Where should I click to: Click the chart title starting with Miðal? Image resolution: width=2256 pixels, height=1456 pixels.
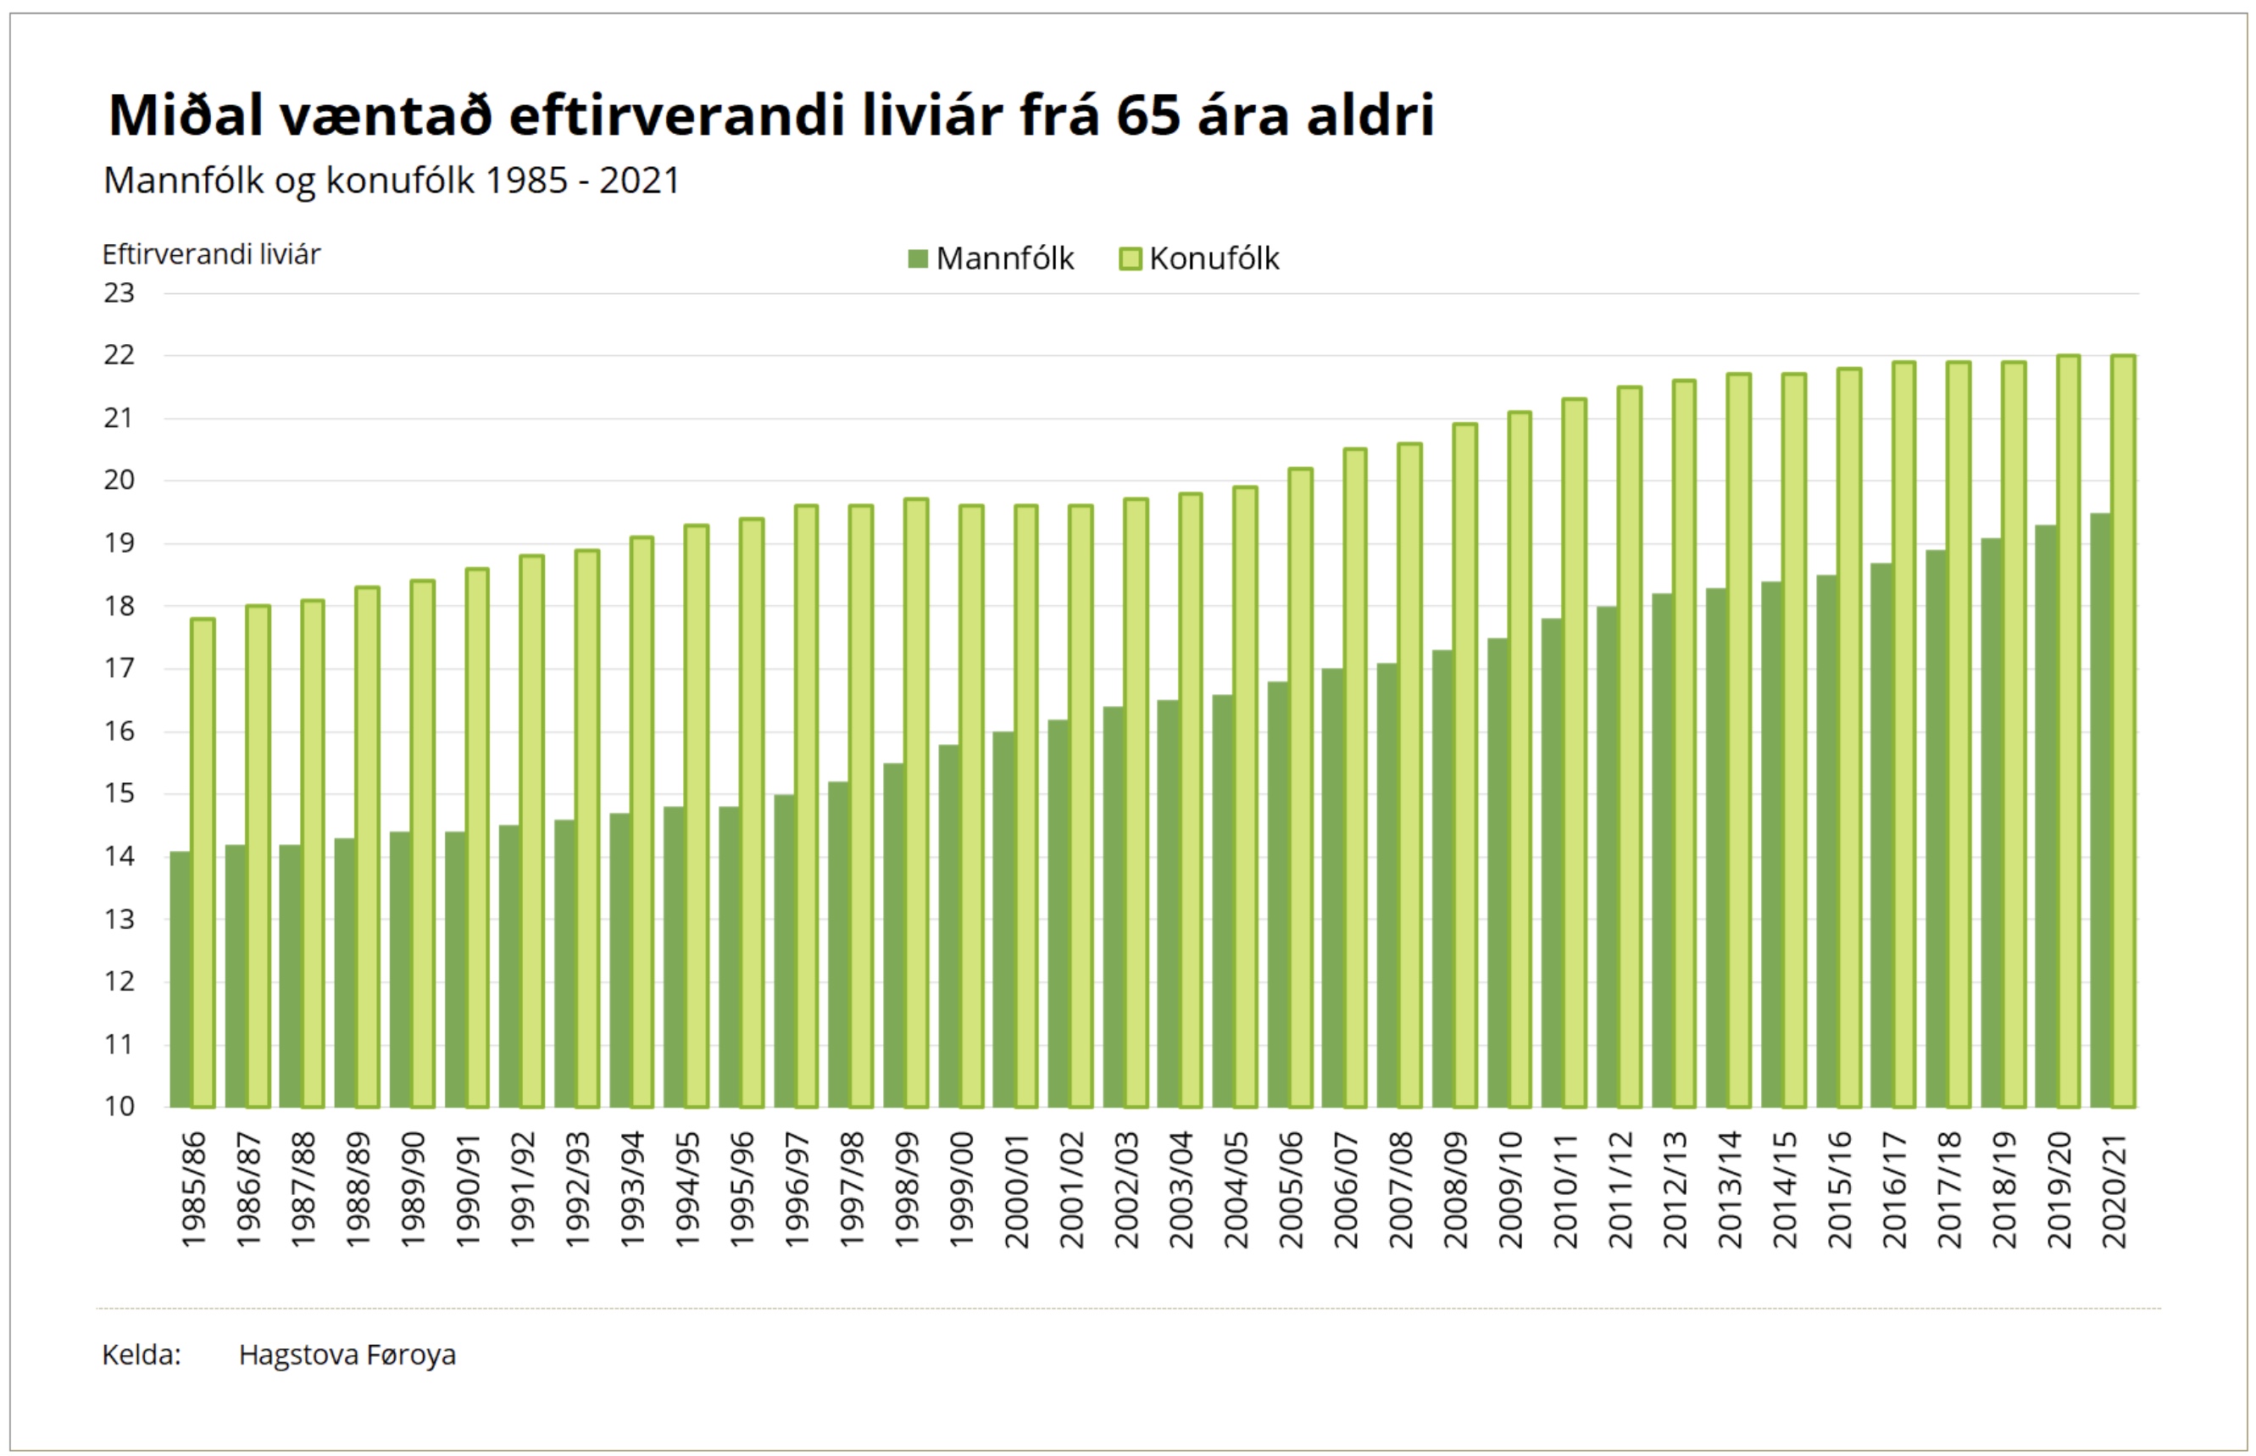coord(770,115)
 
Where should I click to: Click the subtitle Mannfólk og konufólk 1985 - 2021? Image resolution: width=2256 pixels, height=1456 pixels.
coord(392,181)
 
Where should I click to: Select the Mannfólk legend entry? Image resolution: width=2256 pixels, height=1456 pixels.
coord(992,258)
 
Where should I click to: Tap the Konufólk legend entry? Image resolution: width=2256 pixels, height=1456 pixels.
coord(1200,258)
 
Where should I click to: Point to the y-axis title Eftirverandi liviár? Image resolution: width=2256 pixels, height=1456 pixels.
coord(211,254)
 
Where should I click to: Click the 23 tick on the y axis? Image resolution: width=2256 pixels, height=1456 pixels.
coord(119,293)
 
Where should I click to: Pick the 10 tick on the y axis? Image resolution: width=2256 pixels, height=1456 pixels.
coord(119,1105)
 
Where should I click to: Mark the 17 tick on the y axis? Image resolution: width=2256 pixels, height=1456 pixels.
coord(119,669)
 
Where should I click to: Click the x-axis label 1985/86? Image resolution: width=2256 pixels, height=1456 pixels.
coord(193,1189)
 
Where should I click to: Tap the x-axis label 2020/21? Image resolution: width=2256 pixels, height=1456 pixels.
coord(2114,1189)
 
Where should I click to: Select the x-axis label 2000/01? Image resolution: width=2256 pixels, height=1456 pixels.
coord(1016,1189)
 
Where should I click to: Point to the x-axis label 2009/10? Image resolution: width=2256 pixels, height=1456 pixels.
coord(1510,1189)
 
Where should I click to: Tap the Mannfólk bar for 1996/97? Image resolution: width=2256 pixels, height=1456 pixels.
coord(784,950)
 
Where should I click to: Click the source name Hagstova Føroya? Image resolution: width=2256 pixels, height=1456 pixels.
coord(347,1355)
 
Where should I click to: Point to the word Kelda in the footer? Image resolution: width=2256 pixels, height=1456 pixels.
coord(141,1355)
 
